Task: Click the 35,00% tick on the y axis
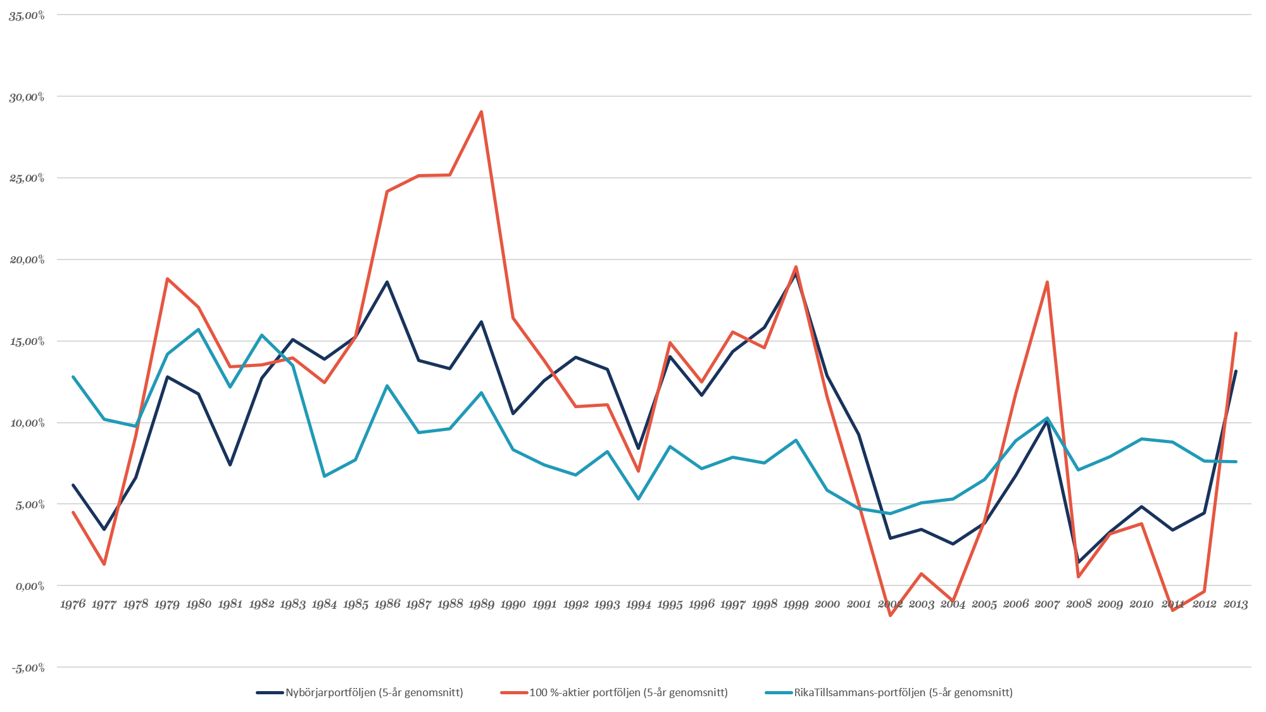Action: tap(27, 16)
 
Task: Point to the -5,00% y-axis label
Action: tap(27, 668)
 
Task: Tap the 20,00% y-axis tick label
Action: tap(27, 260)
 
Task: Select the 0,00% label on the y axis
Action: tap(28, 587)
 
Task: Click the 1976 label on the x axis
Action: tap(73, 604)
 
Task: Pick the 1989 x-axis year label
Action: tap(481, 604)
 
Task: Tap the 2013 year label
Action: tap(1236, 604)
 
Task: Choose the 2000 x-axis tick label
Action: tap(827, 604)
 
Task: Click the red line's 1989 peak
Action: tap(482, 111)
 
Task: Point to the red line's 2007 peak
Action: tap(1048, 282)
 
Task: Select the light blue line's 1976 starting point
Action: tap(73, 377)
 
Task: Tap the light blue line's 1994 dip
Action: tap(639, 499)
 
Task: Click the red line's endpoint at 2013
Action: tap(1236, 332)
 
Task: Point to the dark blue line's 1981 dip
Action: tap(230, 465)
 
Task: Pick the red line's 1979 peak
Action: tap(167, 278)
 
